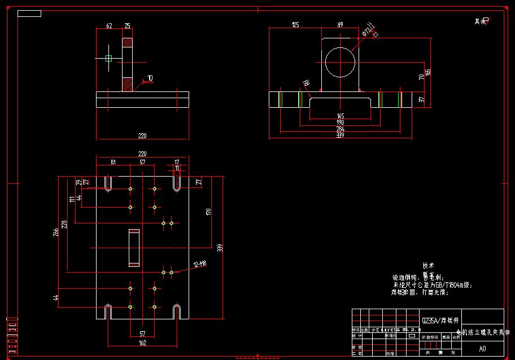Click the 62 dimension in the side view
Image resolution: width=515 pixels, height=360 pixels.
coord(109,26)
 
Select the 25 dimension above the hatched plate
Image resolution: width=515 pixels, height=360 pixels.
coord(127,26)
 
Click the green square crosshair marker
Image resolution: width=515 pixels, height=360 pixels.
coord(108,58)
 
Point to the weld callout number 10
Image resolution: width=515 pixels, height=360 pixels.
coord(150,78)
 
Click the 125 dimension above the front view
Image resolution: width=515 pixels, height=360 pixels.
coord(295,25)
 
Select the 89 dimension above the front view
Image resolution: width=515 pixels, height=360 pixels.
coord(340,25)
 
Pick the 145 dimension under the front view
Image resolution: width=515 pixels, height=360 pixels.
coord(340,116)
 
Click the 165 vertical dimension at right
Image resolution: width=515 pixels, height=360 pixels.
coord(428,72)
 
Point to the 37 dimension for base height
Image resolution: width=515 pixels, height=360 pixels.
coord(421,99)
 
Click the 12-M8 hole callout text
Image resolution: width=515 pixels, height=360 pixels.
coord(200,264)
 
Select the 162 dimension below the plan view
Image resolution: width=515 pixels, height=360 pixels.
coord(142,343)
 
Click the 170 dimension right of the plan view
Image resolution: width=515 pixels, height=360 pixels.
coord(208,212)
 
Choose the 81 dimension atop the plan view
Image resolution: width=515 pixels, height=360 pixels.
coord(113,163)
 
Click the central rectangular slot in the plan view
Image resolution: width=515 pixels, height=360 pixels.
coord(134,248)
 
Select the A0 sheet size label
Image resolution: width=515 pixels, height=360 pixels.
coord(482,349)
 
